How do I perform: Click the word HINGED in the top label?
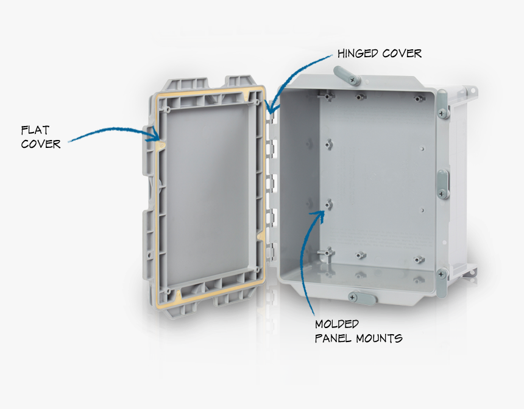358,54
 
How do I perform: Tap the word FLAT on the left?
35,130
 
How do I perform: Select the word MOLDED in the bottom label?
337,324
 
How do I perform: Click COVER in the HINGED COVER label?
402,54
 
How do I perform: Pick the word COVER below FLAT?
41,144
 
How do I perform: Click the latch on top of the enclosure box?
346,75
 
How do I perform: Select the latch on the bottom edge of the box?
361,298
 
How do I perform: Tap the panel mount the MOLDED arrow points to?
329,205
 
